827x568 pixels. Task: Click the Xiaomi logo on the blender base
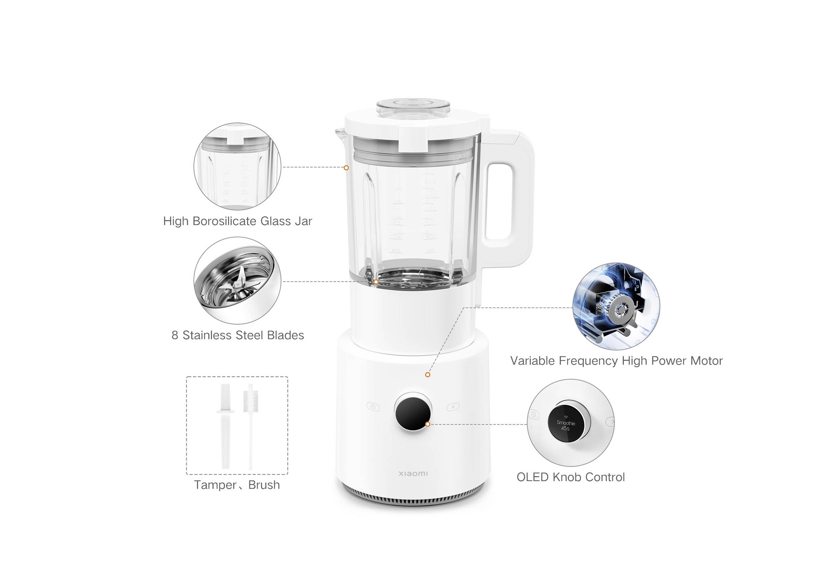point(413,474)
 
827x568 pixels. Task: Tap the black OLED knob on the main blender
point(413,412)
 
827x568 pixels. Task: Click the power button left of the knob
point(373,407)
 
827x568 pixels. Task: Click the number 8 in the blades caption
point(175,335)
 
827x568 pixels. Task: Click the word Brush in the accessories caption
point(264,485)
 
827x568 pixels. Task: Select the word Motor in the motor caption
point(706,361)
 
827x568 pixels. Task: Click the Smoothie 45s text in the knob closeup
point(566,425)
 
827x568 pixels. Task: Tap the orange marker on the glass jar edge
point(346,168)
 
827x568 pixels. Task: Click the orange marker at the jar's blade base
point(376,282)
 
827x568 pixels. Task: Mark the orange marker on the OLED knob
point(428,424)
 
